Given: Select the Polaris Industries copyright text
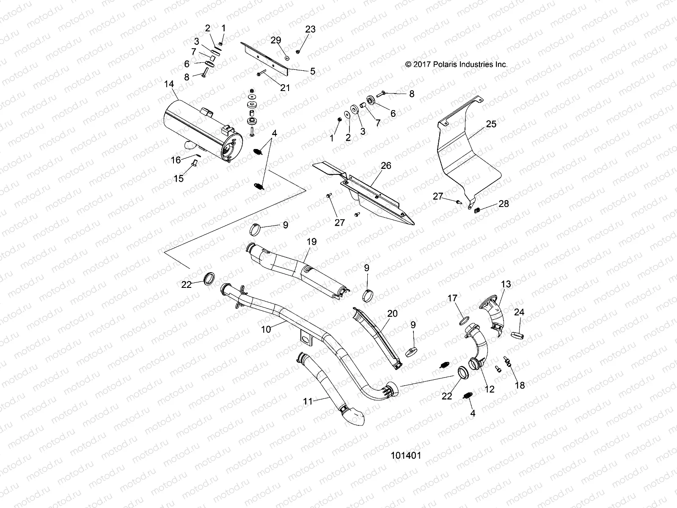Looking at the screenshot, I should click(x=456, y=65).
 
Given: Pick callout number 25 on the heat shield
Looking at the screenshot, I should click(x=491, y=124).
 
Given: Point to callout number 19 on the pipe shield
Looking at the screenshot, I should click(x=311, y=242).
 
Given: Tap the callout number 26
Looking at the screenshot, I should click(x=386, y=166).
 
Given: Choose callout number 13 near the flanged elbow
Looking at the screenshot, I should click(x=506, y=284).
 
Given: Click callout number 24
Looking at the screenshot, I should click(x=519, y=312).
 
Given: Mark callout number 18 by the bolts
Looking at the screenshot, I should click(x=520, y=385).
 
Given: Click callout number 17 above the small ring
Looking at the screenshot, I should click(x=452, y=298).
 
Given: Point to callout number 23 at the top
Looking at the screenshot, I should click(x=311, y=29).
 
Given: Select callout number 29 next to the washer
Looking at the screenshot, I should click(x=276, y=40).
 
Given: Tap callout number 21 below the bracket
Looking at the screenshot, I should click(x=285, y=88).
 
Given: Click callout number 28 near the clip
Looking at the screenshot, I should click(x=504, y=204).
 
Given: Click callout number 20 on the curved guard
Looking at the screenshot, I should click(x=392, y=313).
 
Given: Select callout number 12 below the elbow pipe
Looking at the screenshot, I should click(x=489, y=389).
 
